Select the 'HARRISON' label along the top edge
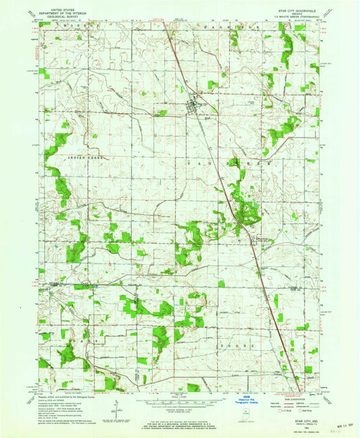coord(216,26)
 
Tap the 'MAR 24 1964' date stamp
coord(336,424)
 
